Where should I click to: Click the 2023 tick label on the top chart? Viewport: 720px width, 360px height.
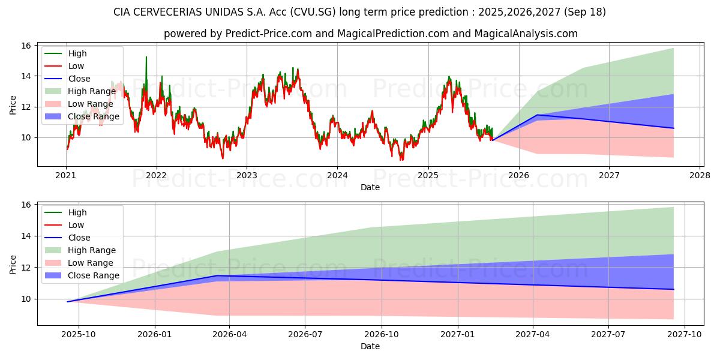pyautogui.click(x=247, y=176)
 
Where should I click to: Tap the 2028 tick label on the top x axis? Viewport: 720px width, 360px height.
pyautogui.click(x=700, y=176)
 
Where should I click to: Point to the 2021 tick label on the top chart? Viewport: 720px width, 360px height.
pyautogui.click(x=66, y=176)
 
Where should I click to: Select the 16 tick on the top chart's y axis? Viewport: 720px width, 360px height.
pyautogui.click(x=26, y=46)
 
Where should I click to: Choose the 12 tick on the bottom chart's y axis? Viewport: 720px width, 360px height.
pyautogui.click(x=26, y=268)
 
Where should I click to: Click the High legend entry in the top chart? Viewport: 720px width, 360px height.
pyautogui.click(x=77, y=53)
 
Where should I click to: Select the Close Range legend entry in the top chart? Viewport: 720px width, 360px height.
pyautogui.click(x=94, y=116)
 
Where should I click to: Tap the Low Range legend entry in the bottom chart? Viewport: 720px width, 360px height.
pyautogui.click(x=91, y=263)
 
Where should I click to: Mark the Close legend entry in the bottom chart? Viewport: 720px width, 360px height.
pyautogui.click(x=79, y=238)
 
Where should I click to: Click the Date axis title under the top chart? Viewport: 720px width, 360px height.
pyautogui.click(x=370, y=187)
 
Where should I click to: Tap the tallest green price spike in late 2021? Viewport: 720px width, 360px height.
pyautogui.click(x=146, y=57)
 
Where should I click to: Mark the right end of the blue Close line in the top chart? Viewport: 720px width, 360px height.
pyautogui.click(x=673, y=128)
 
